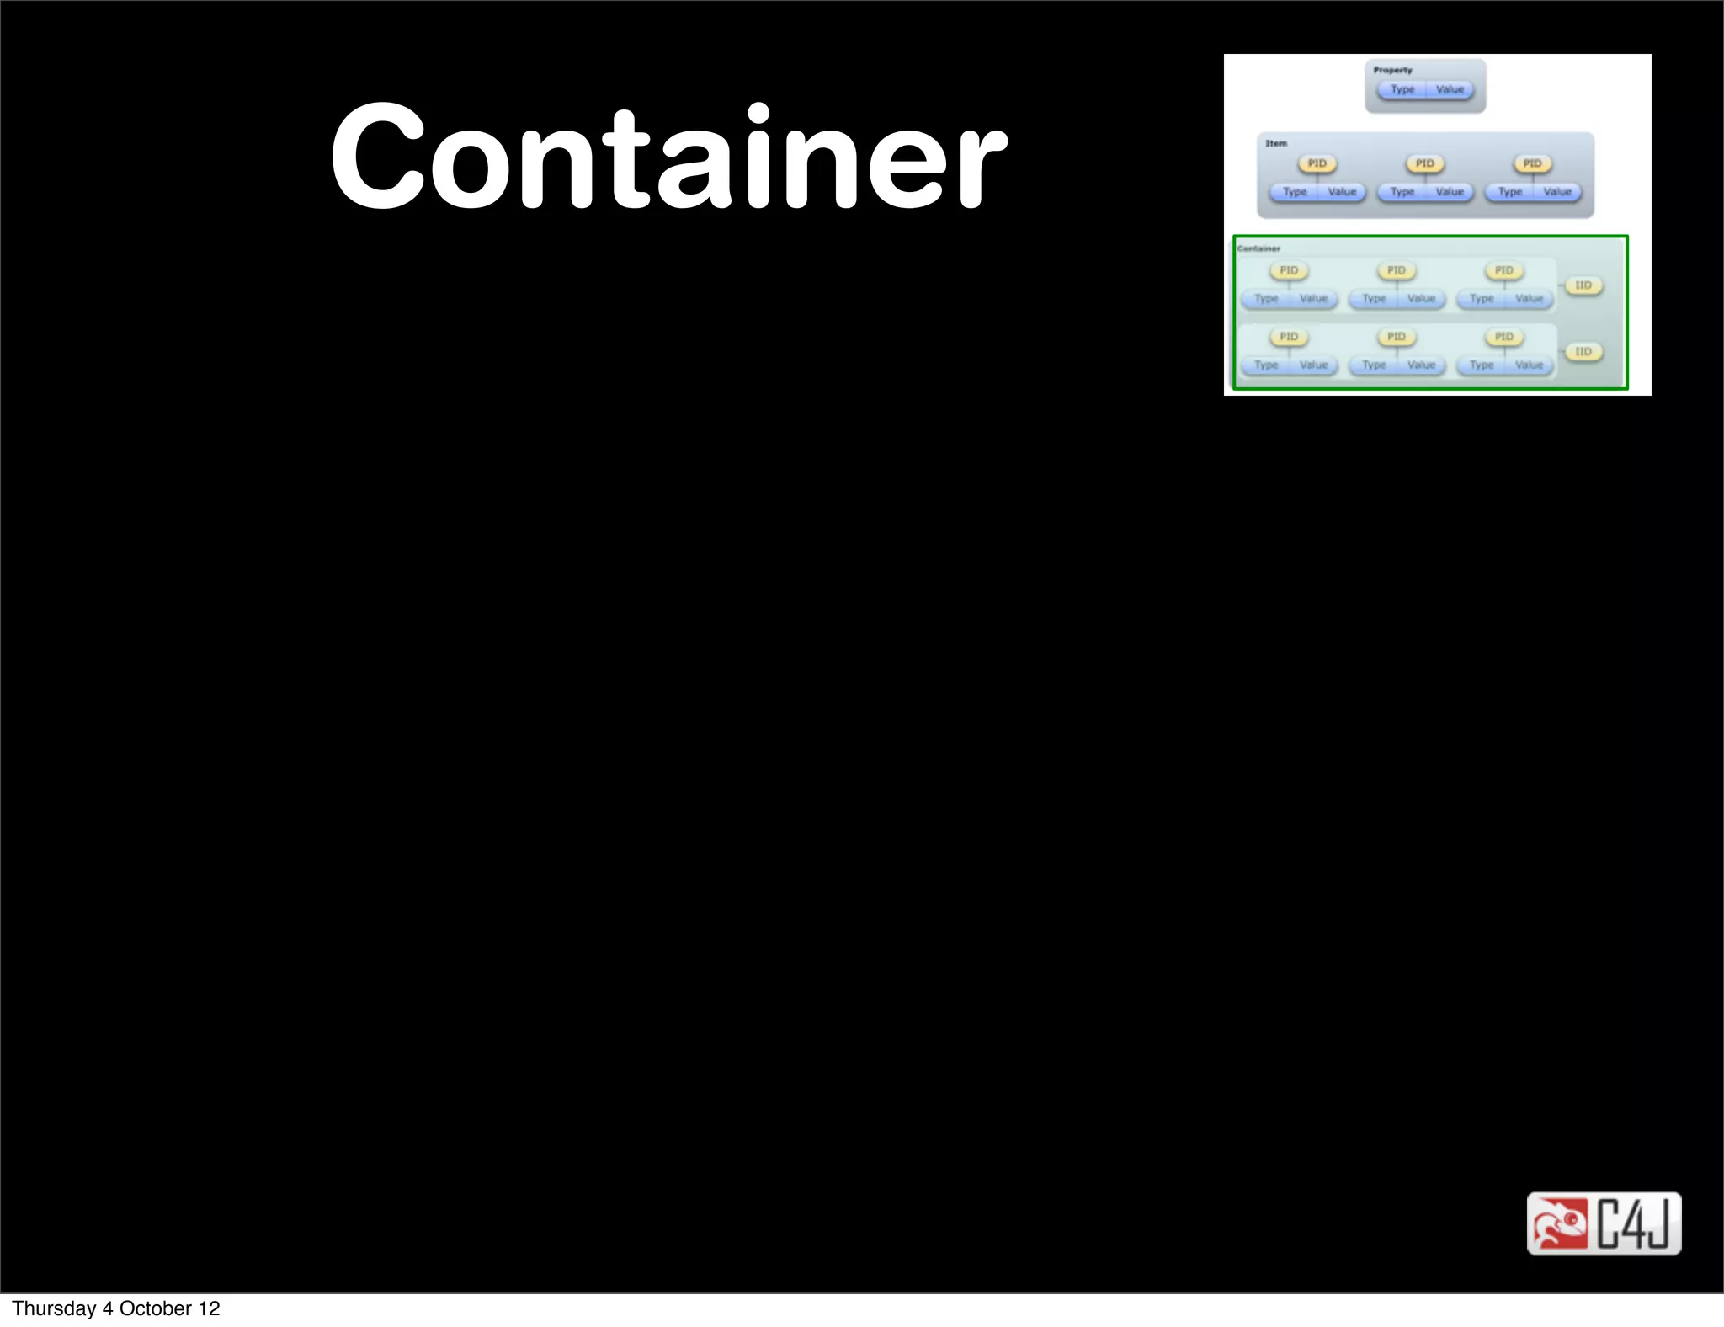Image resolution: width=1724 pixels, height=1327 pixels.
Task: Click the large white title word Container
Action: click(668, 157)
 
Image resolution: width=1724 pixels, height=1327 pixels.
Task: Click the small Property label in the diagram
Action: click(1392, 70)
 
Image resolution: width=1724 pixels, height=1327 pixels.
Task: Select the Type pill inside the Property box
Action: click(1402, 89)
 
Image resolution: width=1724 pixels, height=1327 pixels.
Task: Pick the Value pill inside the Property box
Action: click(1450, 89)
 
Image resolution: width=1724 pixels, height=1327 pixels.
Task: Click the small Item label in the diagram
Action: click(1276, 143)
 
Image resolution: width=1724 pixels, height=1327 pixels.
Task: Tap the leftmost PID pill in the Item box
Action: click(1317, 163)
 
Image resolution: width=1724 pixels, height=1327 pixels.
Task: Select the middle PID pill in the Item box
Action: click(1425, 163)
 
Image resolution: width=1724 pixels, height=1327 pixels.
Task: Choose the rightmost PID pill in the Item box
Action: click(1532, 163)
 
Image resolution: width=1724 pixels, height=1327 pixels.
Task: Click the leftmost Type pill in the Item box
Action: click(1295, 192)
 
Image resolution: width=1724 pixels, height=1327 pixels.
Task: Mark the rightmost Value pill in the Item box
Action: click(1557, 192)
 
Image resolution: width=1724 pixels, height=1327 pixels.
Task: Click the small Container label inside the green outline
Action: click(1258, 248)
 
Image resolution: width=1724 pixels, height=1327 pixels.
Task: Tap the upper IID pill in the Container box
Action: click(1583, 285)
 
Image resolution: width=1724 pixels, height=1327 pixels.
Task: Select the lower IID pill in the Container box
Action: click(1583, 352)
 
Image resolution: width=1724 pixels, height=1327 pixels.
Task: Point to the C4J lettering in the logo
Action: click(1634, 1223)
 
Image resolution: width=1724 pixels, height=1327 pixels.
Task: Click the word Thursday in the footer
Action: click(54, 1308)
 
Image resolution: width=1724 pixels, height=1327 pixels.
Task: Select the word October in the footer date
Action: click(156, 1308)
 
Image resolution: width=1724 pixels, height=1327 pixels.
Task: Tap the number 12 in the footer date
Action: click(209, 1308)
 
